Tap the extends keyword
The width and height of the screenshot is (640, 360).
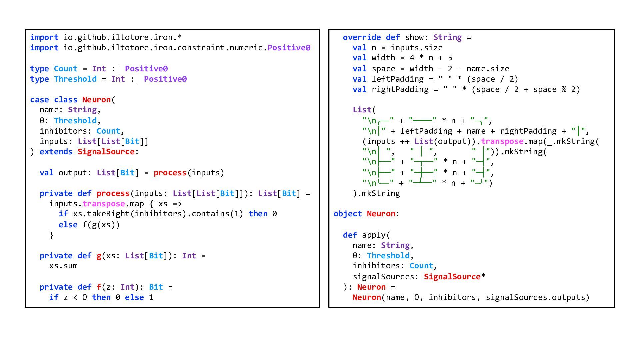[56, 152]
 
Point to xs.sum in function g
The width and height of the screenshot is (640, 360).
[63, 266]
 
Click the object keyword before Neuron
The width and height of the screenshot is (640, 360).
[347, 214]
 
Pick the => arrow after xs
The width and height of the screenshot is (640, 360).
[177, 204]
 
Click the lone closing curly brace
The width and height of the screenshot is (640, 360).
[51, 235]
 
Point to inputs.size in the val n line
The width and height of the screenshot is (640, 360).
[416, 48]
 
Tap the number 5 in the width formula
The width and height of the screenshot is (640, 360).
[450, 58]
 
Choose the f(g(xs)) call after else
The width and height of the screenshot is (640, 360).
[101, 225]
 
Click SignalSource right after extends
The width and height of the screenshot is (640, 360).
[106, 152]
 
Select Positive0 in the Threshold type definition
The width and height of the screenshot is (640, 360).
[165, 79]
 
